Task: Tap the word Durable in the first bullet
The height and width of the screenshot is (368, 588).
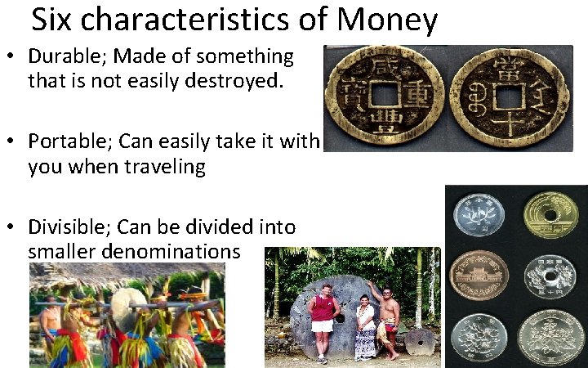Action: (x=69, y=56)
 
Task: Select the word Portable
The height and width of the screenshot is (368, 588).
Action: (x=69, y=141)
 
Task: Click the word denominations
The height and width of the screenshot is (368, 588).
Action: (x=134, y=251)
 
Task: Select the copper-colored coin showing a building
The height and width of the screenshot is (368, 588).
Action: (x=479, y=276)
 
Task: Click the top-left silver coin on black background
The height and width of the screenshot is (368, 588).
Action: (x=479, y=215)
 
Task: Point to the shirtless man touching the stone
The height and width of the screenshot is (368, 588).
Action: (x=389, y=317)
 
